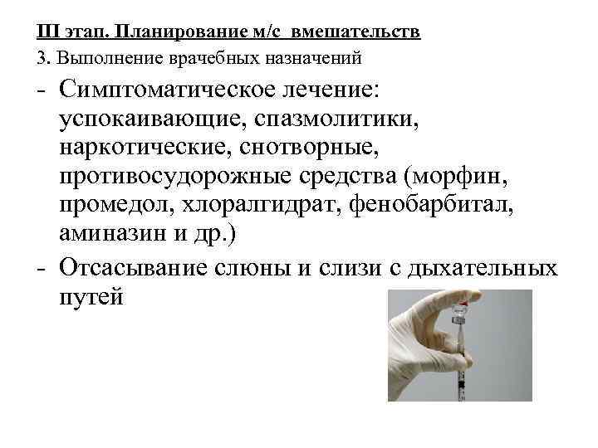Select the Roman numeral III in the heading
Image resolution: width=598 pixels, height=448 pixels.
(47, 33)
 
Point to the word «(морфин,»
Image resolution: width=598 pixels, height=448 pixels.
(472, 179)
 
